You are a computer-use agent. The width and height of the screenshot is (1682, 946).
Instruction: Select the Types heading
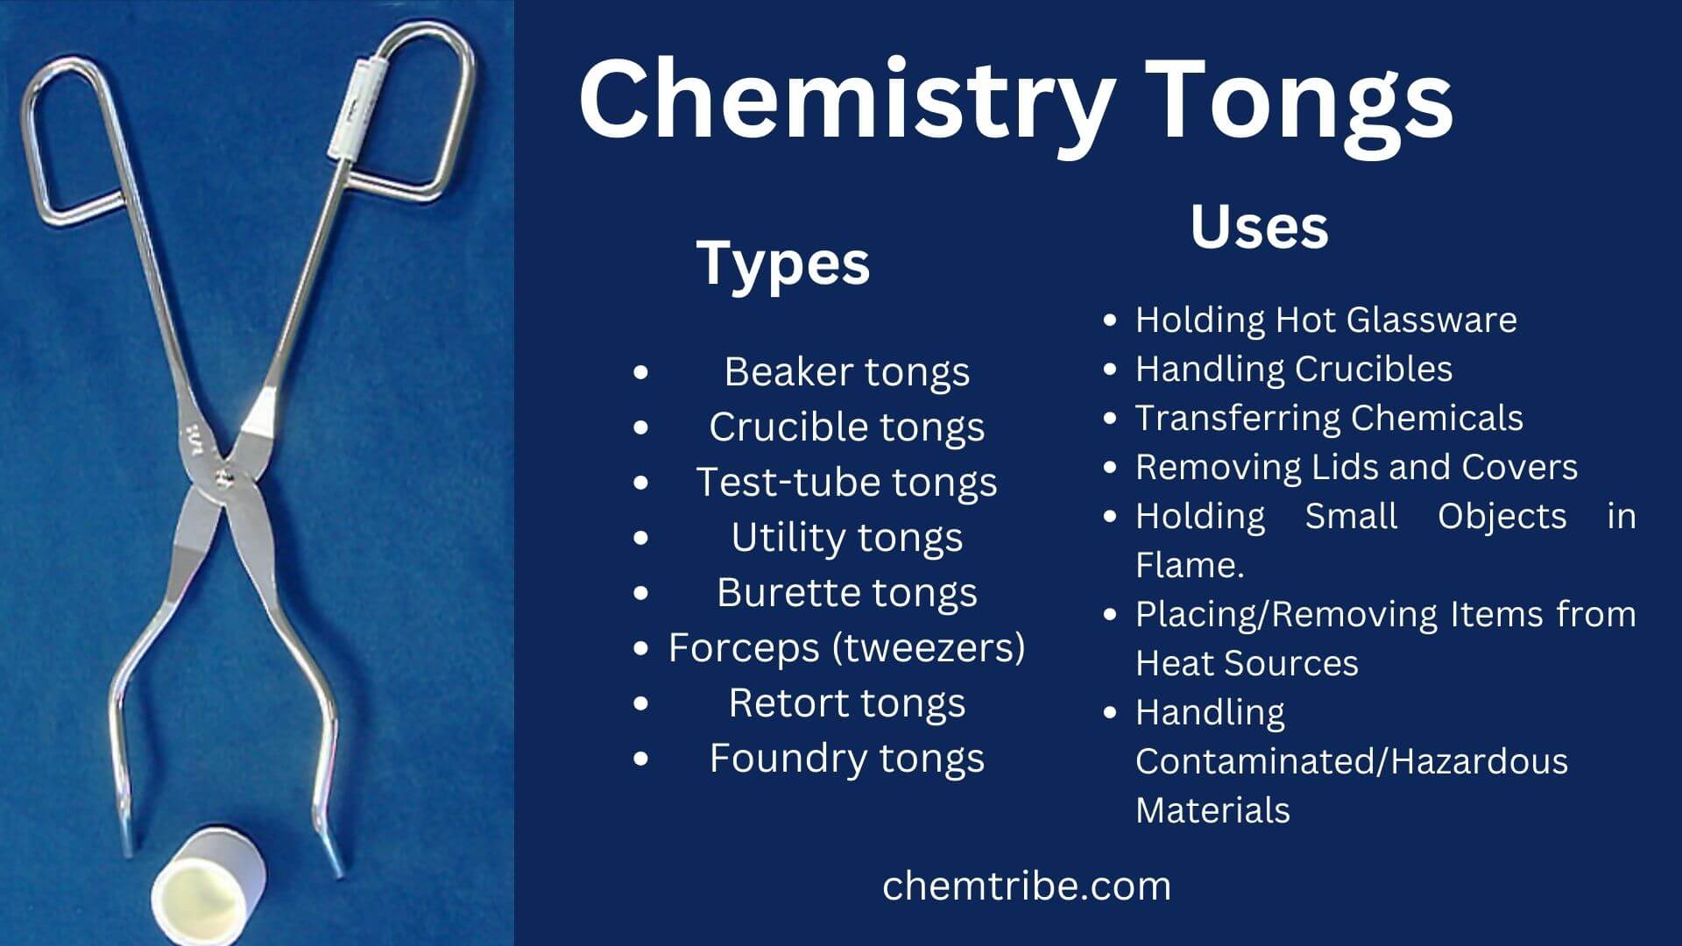[783, 263]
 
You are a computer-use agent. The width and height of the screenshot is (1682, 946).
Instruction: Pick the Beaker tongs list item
[847, 372]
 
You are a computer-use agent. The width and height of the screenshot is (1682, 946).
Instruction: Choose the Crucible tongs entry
[847, 427]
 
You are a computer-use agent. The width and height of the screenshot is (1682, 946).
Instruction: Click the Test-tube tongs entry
[847, 483]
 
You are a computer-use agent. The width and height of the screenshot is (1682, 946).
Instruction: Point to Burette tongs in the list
[847, 593]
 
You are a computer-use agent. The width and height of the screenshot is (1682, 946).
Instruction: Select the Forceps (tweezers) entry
[847, 648]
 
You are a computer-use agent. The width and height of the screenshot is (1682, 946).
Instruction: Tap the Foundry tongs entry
[847, 759]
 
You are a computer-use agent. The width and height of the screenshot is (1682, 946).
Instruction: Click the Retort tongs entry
[847, 703]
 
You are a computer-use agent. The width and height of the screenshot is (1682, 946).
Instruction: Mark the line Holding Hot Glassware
[1326, 320]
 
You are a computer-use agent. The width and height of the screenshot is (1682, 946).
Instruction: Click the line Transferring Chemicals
[1330, 418]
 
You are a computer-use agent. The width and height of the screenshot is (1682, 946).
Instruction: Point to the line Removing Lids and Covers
[1357, 467]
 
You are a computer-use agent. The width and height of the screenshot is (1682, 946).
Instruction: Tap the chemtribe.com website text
[1027, 886]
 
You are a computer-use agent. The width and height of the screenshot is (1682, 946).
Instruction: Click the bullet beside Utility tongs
[641, 538]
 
